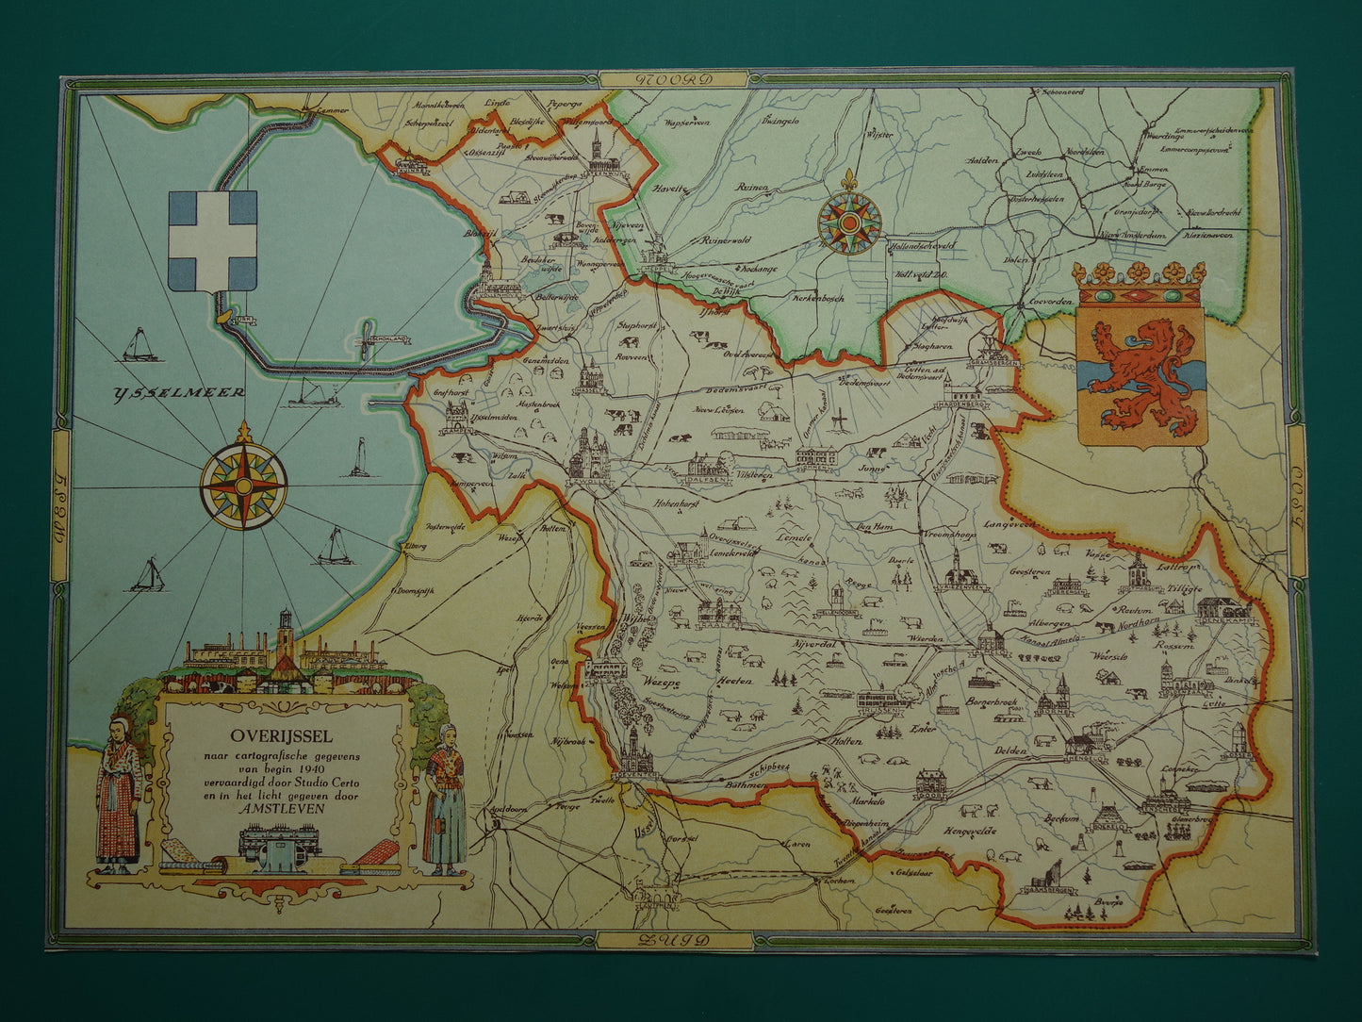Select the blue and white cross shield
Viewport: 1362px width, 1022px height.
(x=212, y=239)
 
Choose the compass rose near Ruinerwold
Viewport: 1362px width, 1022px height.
(x=849, y=223)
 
